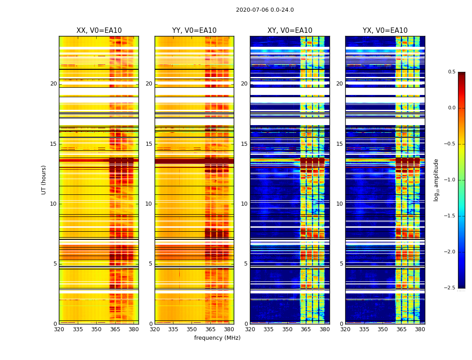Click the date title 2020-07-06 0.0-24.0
click(x=265, y=10)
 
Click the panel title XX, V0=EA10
click(x=99, y=31)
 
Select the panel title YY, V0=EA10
click(x=194, y=31)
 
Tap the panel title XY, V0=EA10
click(x=290, y=31)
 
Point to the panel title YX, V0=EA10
click(x=385, y=31)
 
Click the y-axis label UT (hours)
click(x=44, y=180)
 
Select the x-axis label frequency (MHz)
click(x=217, y=338)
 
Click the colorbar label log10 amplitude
click(x=436, y=180)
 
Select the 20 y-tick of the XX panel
click(x=53, y=84)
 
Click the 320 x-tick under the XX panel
click(x=59, y=329)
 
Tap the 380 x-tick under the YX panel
click(x=420, y=329)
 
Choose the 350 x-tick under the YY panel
click(x=192, y=329)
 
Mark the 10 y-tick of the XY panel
click(x=244, y=204)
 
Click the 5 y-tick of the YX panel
click(x=341, y=264)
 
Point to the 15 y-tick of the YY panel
click(x=149, y=144)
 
